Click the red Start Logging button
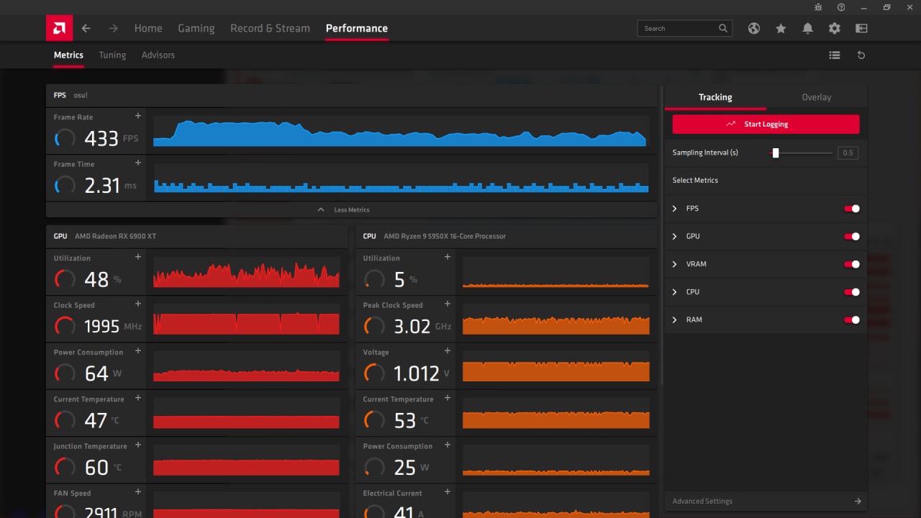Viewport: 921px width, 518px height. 766,124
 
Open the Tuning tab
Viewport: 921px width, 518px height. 112,55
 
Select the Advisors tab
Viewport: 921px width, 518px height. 158,55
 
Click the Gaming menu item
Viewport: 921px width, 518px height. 196,28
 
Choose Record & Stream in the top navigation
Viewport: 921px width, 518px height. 270,28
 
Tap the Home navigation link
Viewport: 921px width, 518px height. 148,28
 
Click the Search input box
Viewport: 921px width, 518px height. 684,28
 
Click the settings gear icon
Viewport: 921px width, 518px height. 834,28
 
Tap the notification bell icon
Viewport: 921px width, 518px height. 807,28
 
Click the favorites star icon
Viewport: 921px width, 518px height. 781,28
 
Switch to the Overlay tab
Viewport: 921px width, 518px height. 817,97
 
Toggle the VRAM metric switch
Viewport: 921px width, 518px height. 851,264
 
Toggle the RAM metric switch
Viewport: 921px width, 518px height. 851,320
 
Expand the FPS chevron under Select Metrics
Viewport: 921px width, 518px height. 674,209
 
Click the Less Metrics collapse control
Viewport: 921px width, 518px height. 344,209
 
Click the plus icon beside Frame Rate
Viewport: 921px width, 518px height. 138,116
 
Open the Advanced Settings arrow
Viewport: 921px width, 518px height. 858,501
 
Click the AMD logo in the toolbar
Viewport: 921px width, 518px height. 59,28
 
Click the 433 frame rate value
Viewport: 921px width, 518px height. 101,139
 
